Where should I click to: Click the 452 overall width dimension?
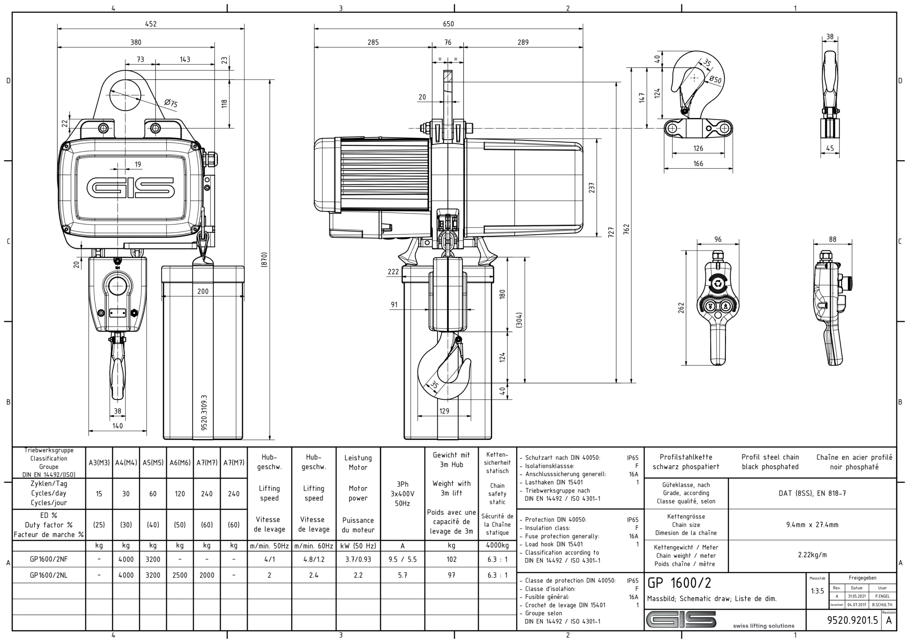coord(151,24)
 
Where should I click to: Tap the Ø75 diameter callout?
coord(171,103)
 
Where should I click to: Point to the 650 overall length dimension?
coord(448,24)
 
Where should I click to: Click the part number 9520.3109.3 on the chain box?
coord(204,412)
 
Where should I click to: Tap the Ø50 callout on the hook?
coord(715,79)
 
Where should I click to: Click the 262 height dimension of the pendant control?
coord(681,308)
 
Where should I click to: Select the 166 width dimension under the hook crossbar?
coord(698,164)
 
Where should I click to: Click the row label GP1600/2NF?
coord(49,559)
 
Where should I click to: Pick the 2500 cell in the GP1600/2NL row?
coord(180,575)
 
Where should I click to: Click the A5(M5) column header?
coord(153,462)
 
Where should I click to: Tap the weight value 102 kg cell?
coord(451,559)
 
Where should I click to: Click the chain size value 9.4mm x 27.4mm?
coord(812,525)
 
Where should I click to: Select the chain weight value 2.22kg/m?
coord(812,555)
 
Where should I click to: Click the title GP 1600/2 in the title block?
coord(679,583)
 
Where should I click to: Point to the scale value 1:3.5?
coord(817,591)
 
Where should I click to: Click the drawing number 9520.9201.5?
coord(852,620)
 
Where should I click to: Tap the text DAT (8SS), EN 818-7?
coord(812,493)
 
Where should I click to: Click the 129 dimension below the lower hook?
coord(444,411)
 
